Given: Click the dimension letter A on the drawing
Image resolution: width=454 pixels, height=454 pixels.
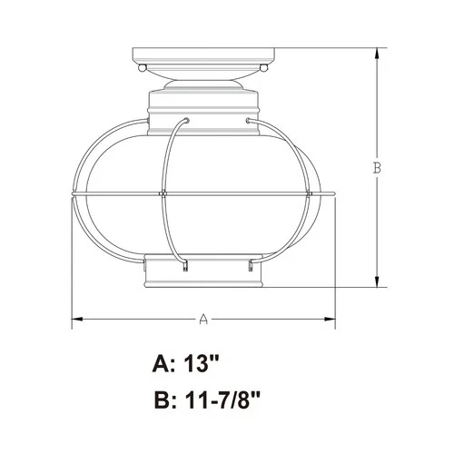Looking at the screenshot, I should point(204,320).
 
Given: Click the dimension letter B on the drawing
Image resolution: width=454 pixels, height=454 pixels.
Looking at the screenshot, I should point(378,167).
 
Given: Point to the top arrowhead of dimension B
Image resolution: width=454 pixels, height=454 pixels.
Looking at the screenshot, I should point(378,50).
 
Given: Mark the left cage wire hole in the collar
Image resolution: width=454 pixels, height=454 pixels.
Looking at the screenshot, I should point(185,118).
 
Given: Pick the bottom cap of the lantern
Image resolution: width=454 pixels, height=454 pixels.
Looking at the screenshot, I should point(204,273).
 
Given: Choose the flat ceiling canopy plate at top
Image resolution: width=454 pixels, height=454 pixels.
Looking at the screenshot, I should point(204,53).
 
